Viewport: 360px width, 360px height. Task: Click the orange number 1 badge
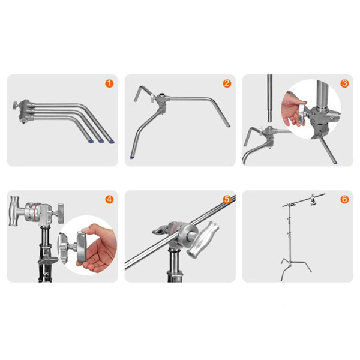[109, 83]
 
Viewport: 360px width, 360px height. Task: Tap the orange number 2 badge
[227, 83]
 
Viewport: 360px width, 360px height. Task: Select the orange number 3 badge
[344, 83]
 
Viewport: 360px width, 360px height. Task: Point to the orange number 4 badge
[109, 199]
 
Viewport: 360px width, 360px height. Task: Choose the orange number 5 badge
[227, 199]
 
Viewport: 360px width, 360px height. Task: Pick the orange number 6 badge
[344, 199]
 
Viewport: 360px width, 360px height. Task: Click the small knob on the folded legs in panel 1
[16, 106]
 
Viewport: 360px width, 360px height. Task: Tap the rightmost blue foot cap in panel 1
[112, 142]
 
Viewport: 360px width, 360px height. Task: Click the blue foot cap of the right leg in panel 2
[228, 125]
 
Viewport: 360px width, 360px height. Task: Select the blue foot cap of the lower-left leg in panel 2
[132, 157]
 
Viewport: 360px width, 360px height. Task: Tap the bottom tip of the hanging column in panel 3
[270, 122]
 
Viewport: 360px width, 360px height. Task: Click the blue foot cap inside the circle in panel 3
[335, 163]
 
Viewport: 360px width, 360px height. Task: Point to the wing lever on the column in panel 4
[47, 260]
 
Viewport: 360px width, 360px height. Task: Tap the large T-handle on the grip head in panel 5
[203, 239]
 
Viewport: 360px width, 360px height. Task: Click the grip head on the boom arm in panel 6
[313, 200]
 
